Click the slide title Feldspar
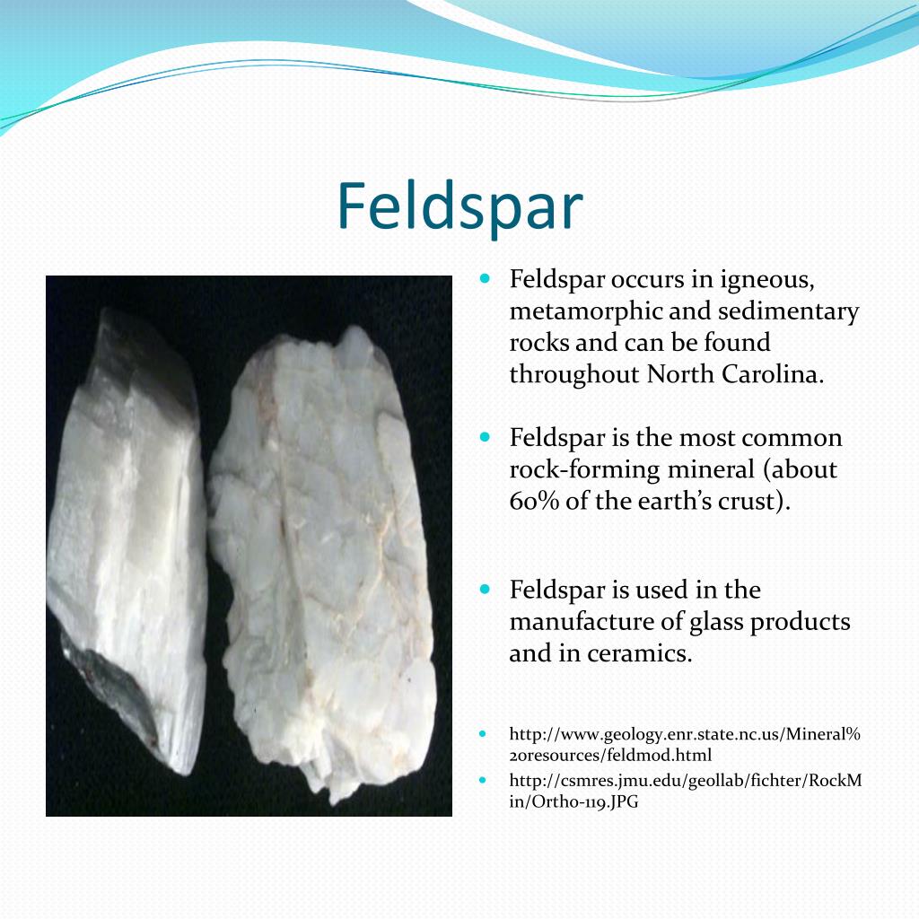tap(459, 207)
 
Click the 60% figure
tap(535, 501)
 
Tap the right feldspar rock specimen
tap(323, 556)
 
